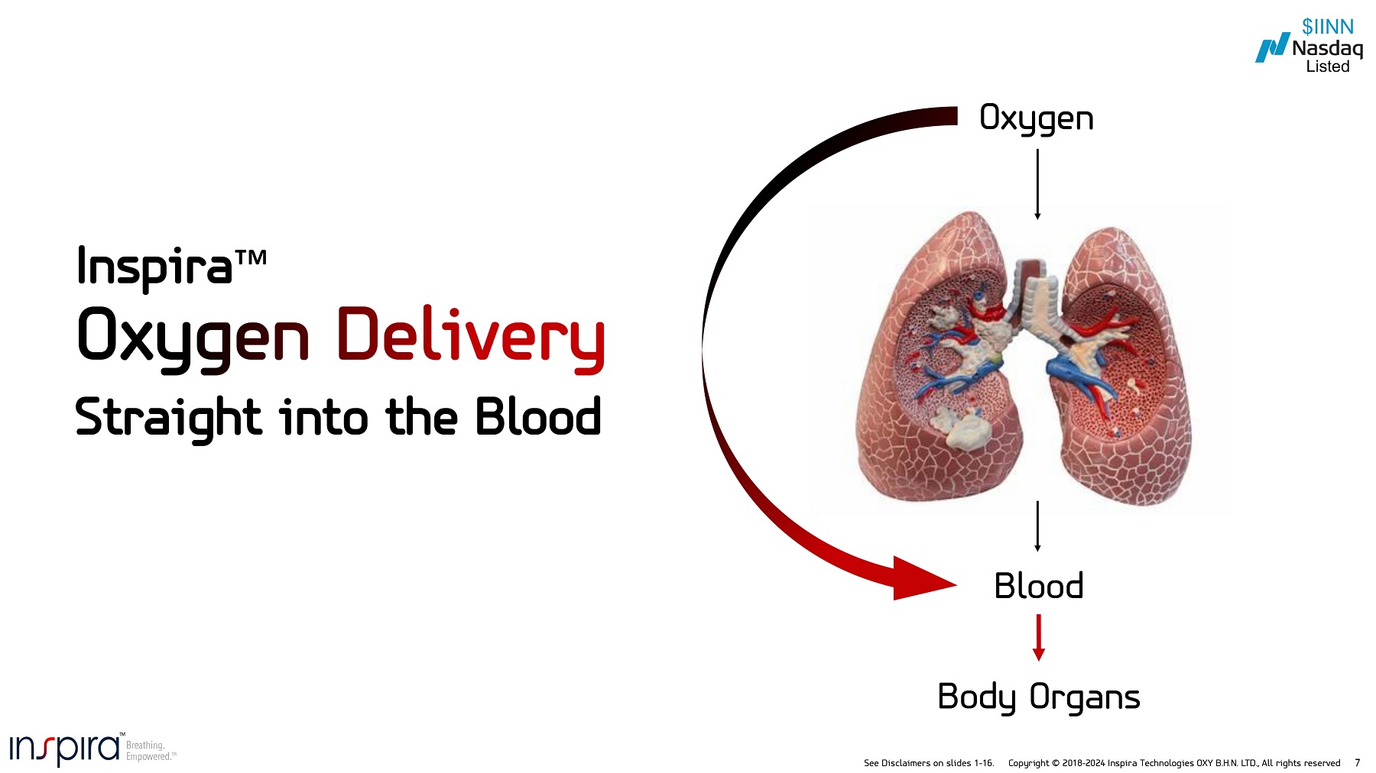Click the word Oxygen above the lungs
point(1036,118)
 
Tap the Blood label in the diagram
point(1038,586)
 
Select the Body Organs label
point(1038,697)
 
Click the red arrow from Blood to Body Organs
point(1038,637)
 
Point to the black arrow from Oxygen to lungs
point(1037,183)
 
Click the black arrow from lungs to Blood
point(1037,526)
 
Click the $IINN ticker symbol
point(1328,27)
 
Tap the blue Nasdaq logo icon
point(1271,48)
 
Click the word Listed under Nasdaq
point(1328,66)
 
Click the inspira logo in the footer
point(65,749)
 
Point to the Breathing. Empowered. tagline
point(150,751)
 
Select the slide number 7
point(1357,762)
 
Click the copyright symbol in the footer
point(1056,763)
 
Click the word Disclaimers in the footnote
point(906,763)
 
